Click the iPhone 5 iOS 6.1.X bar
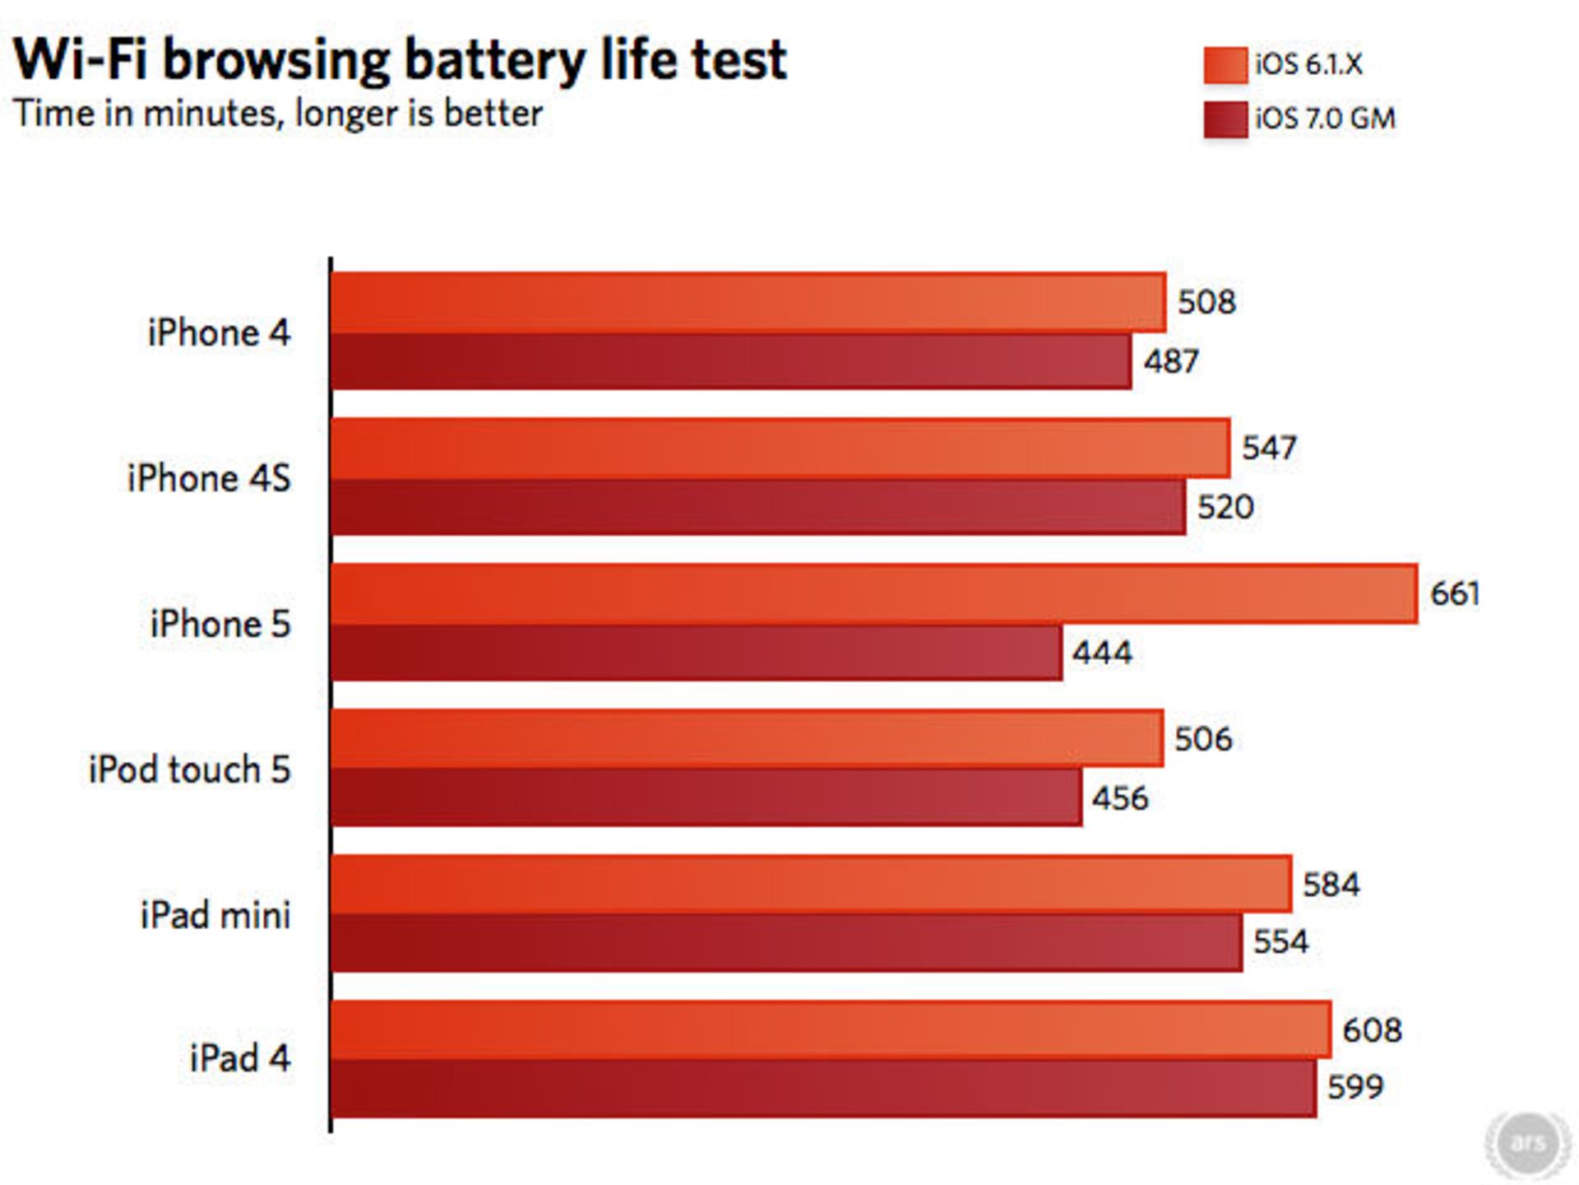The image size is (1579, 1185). coord(873,593)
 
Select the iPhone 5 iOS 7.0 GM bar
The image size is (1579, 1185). coord(696,653)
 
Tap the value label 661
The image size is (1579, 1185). coord(1454,593)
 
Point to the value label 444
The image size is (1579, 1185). coord(1102,653)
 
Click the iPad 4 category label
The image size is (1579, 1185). coord(239,1058)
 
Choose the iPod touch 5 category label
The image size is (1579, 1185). coord(189,769)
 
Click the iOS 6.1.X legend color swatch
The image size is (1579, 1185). coord(1225,65)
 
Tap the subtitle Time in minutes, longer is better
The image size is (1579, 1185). coord(278,114)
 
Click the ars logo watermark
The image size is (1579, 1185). coord(1527,1142)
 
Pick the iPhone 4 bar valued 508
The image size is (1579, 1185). coord(748,302)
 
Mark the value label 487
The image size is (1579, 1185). coord(1170,361)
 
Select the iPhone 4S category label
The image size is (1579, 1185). coord(209,478)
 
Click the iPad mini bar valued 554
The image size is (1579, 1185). coord(786,942)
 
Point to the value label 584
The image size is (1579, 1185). coord(1331,885)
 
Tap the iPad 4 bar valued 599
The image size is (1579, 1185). coord(822,1088)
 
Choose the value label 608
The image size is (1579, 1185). coord(1371,1030)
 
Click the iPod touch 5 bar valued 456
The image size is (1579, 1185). coord(706,797)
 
